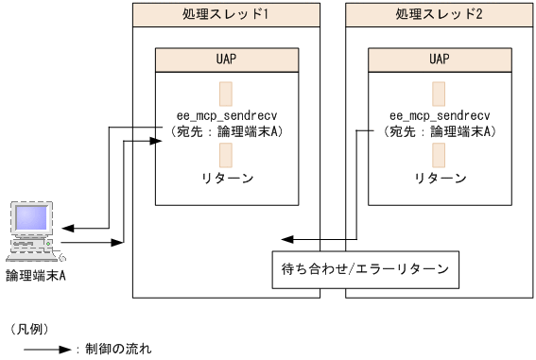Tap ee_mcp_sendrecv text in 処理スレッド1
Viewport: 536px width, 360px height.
(x=226, y=117)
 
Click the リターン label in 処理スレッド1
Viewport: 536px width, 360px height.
(x=226, y=178)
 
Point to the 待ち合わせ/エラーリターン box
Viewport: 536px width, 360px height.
(x=365, y=269)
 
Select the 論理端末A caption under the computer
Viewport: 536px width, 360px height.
(x=35, y=276)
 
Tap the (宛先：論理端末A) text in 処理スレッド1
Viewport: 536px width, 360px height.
(x=226, y=132)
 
